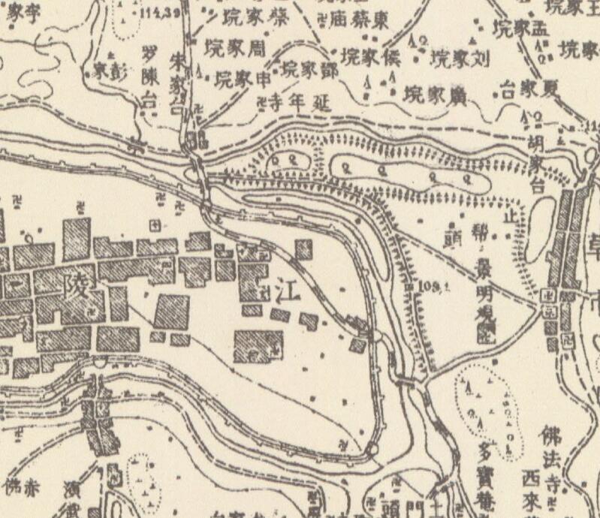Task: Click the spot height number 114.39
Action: click(x=160, y=14)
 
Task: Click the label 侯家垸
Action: click(x=370, y=56)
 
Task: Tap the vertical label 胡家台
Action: click(x=537, y=161)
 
